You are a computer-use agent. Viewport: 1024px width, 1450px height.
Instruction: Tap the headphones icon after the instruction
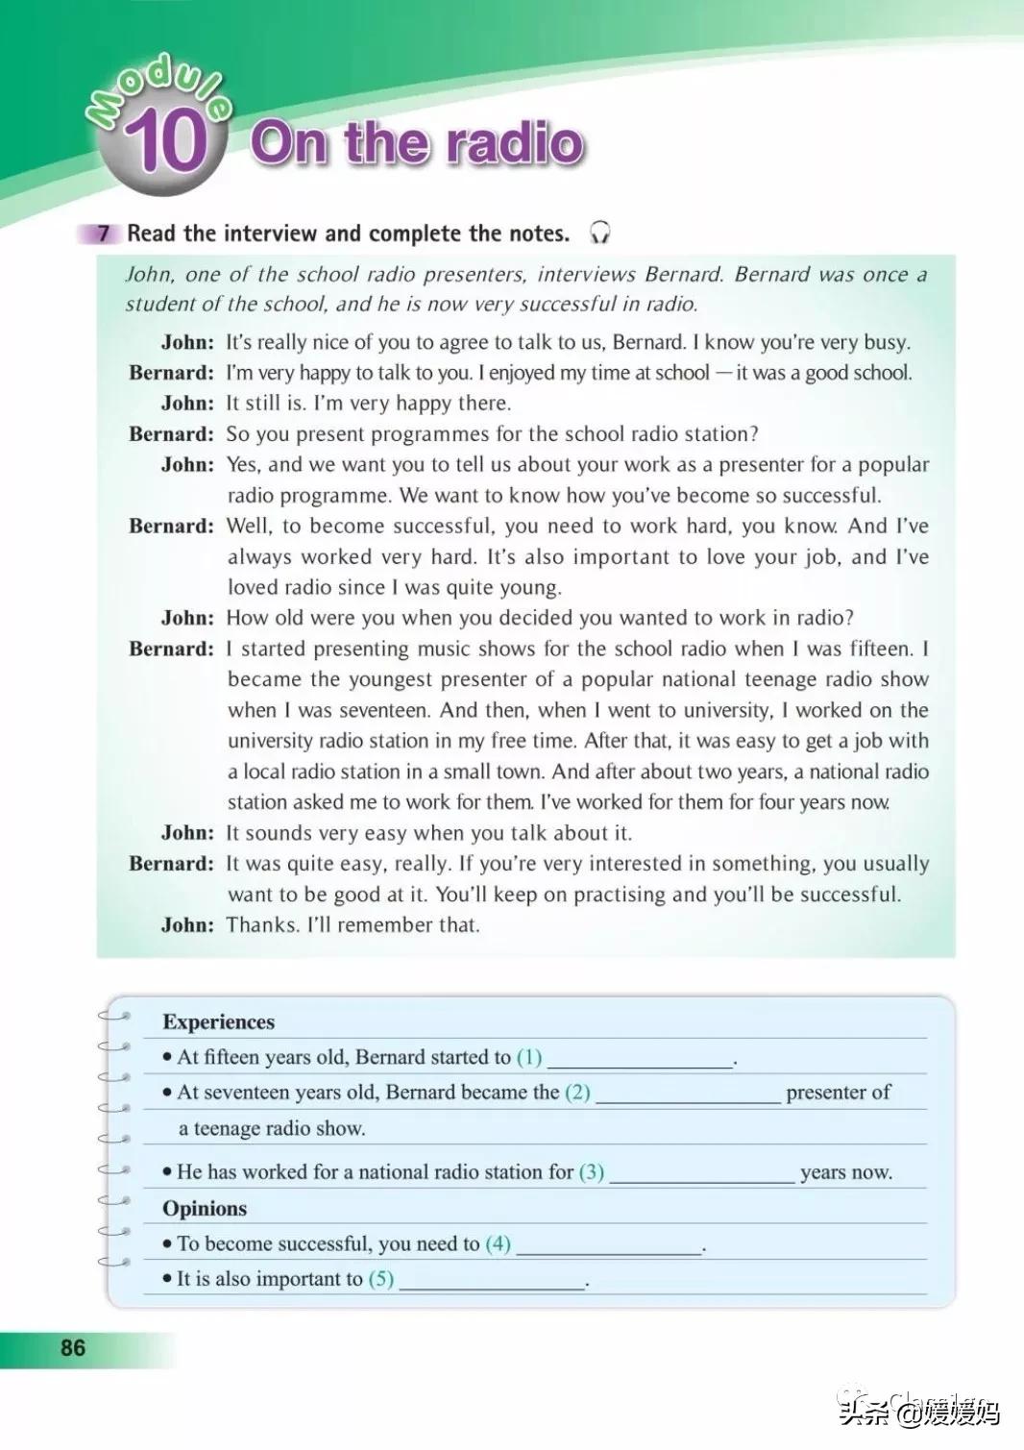pos(600,233)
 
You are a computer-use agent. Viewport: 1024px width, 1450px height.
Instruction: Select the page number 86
pos(73,1347)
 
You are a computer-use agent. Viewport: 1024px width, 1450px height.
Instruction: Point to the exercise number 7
pos(104,233)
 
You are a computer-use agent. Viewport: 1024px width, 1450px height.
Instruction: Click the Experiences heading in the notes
pos(218,1021)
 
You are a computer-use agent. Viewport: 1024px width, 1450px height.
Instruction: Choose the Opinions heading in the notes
pos(205,1208)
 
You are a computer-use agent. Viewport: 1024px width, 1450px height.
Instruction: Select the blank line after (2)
pos(688,1095)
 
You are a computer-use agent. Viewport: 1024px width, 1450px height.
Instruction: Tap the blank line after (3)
pos(702,1175)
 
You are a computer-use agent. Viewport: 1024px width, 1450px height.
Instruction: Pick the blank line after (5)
pos(492,1282)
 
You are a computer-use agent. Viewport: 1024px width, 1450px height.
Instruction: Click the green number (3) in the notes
pos(591,1172)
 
